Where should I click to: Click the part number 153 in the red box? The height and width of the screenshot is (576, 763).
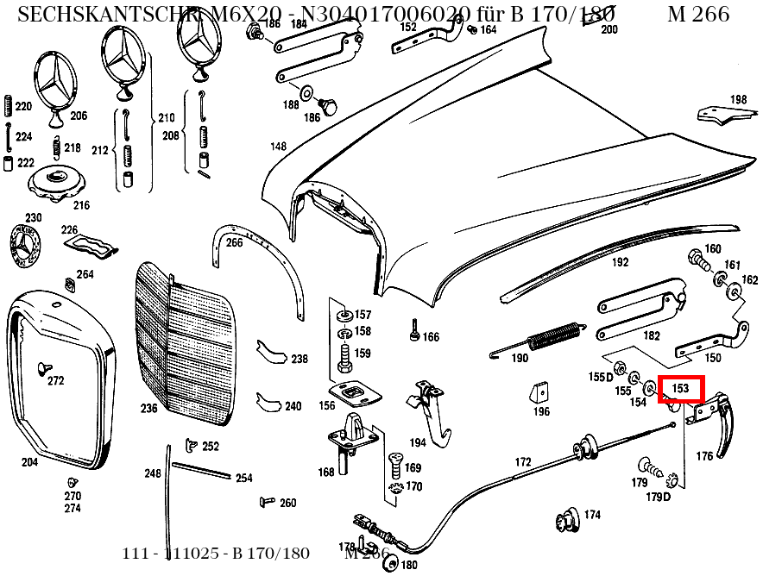pos(681,389)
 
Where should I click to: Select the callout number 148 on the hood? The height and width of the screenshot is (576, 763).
pos(277,147)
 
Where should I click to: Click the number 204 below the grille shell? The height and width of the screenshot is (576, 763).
pos(29,462)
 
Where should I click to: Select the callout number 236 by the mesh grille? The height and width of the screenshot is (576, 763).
pos(149,408)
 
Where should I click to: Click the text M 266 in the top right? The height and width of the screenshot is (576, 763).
pos(697,14)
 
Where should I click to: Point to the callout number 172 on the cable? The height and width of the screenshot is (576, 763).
pos(523,463)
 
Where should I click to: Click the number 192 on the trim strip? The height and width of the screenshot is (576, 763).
pos(620,263)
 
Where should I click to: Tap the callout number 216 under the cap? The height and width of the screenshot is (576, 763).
pos(81,205)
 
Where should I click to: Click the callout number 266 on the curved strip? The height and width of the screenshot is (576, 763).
pos(234,242)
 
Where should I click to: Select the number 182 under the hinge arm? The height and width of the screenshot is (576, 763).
pos(651,335)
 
